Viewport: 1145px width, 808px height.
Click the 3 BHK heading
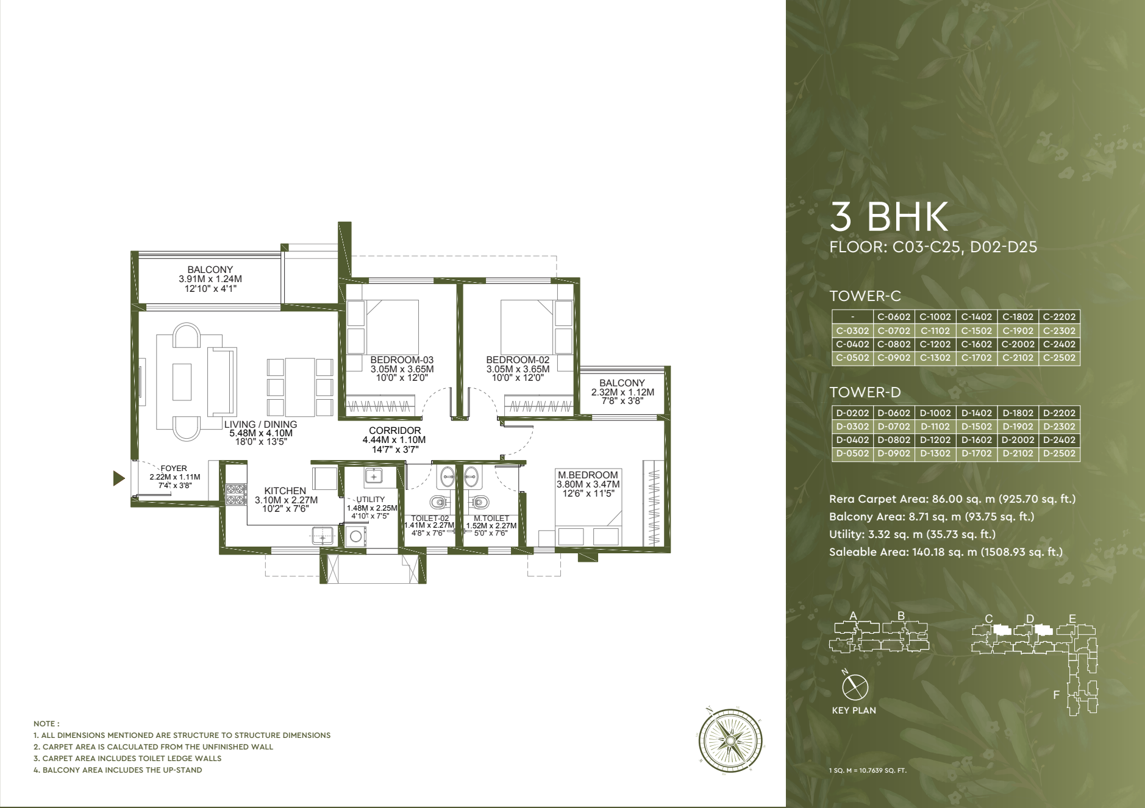pyautogui.click(x=889, y=216)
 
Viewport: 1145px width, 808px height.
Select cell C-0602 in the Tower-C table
pyautogui.click(x=894, y=317)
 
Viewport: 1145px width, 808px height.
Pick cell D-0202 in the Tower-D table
pyautogui.click(x=852, y=413)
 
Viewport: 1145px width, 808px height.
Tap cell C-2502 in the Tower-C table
pyautogui.click(x=1059, y=358)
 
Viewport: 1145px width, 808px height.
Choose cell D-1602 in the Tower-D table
pyautogui.click(x=977, y=440)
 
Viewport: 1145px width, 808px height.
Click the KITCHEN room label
pyautogui.click(x=285, y=491)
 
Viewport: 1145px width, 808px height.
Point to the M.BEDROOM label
pyautogui.click(x=588, y=475)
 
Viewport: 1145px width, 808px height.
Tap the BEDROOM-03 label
pyautogui.click(x=402, y=360)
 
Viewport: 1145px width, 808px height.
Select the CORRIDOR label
pyautogui.click(x=394, y=431)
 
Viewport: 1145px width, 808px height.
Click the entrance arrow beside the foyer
pyautogui.click(x=119, y=478)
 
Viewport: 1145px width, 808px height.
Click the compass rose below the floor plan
pyautogui.click(x=730, y=740)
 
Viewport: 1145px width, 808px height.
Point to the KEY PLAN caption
pyautogui.click(x=854, y=711)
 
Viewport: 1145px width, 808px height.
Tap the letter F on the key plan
pyautogui.click(x=1057, y=695)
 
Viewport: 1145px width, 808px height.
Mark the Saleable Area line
pyautogui.click(x=946, y=552)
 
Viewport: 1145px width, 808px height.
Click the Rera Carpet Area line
pyautogui.click(x=952, y=499)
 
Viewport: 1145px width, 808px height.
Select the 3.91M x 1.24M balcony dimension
pyautogui.click(x=210, y=279)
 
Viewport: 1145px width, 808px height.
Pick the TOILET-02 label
pyautogui.click(x=430, y=519)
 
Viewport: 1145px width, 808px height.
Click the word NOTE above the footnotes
pyautogui.click(x=46, y=724)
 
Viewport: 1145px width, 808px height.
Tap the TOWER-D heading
pyautogui.click(x=865, y=392)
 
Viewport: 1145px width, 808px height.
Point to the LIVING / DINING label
pyautogui.click(x=260, y=425)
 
